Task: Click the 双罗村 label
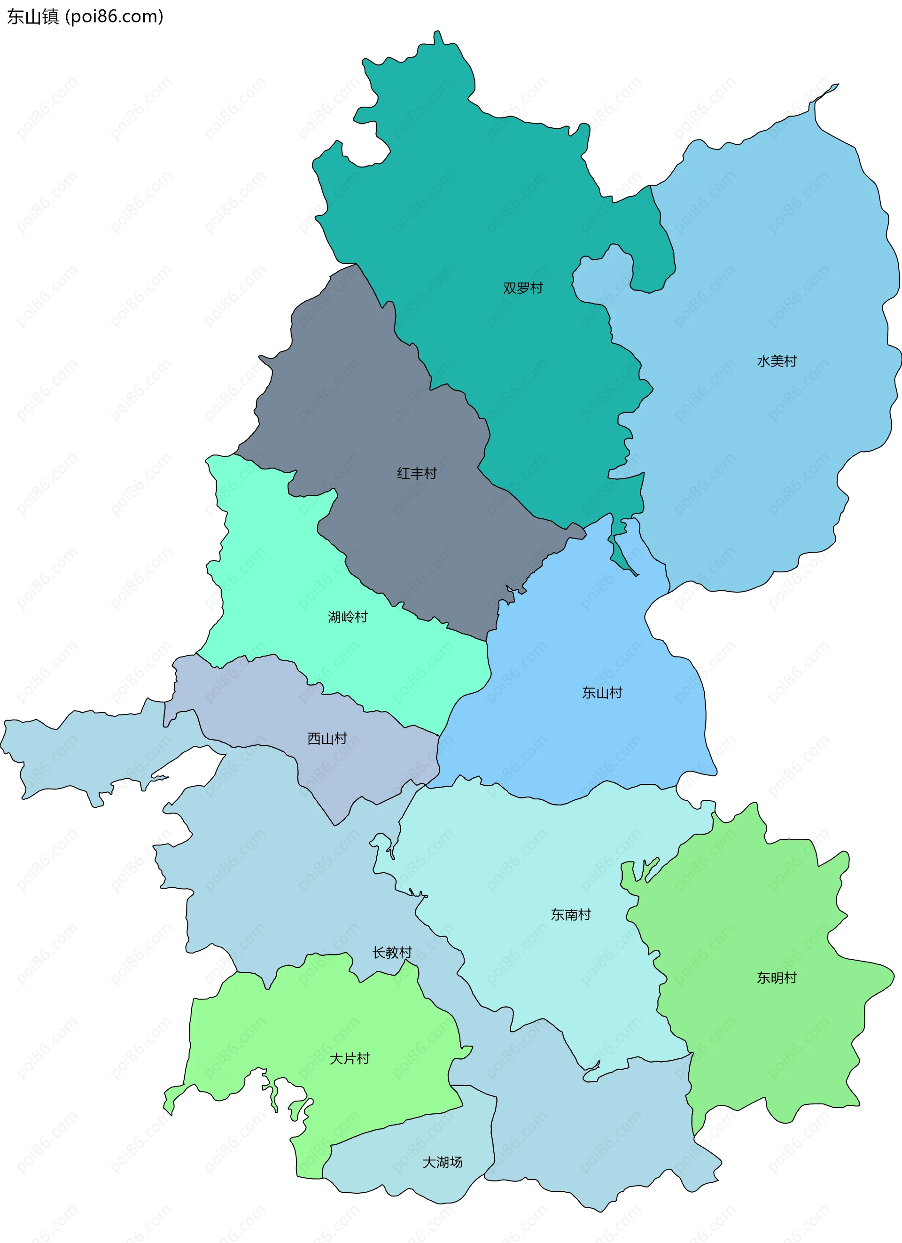click(x=523, y=288)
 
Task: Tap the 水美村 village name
click(x=777, y=361)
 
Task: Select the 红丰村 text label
click(x=417, y=473)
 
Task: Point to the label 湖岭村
click(x=348, y=617)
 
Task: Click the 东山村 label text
click(x=602, y=693)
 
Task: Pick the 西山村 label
click(x=327, y=739)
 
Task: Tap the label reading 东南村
click(x=570, y=915)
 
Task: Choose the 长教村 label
click(x=392, y=953)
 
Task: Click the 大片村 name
click(x=349, y=1058)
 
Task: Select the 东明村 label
click(x=777, y=978)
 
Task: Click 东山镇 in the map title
click(x=33, y=17)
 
